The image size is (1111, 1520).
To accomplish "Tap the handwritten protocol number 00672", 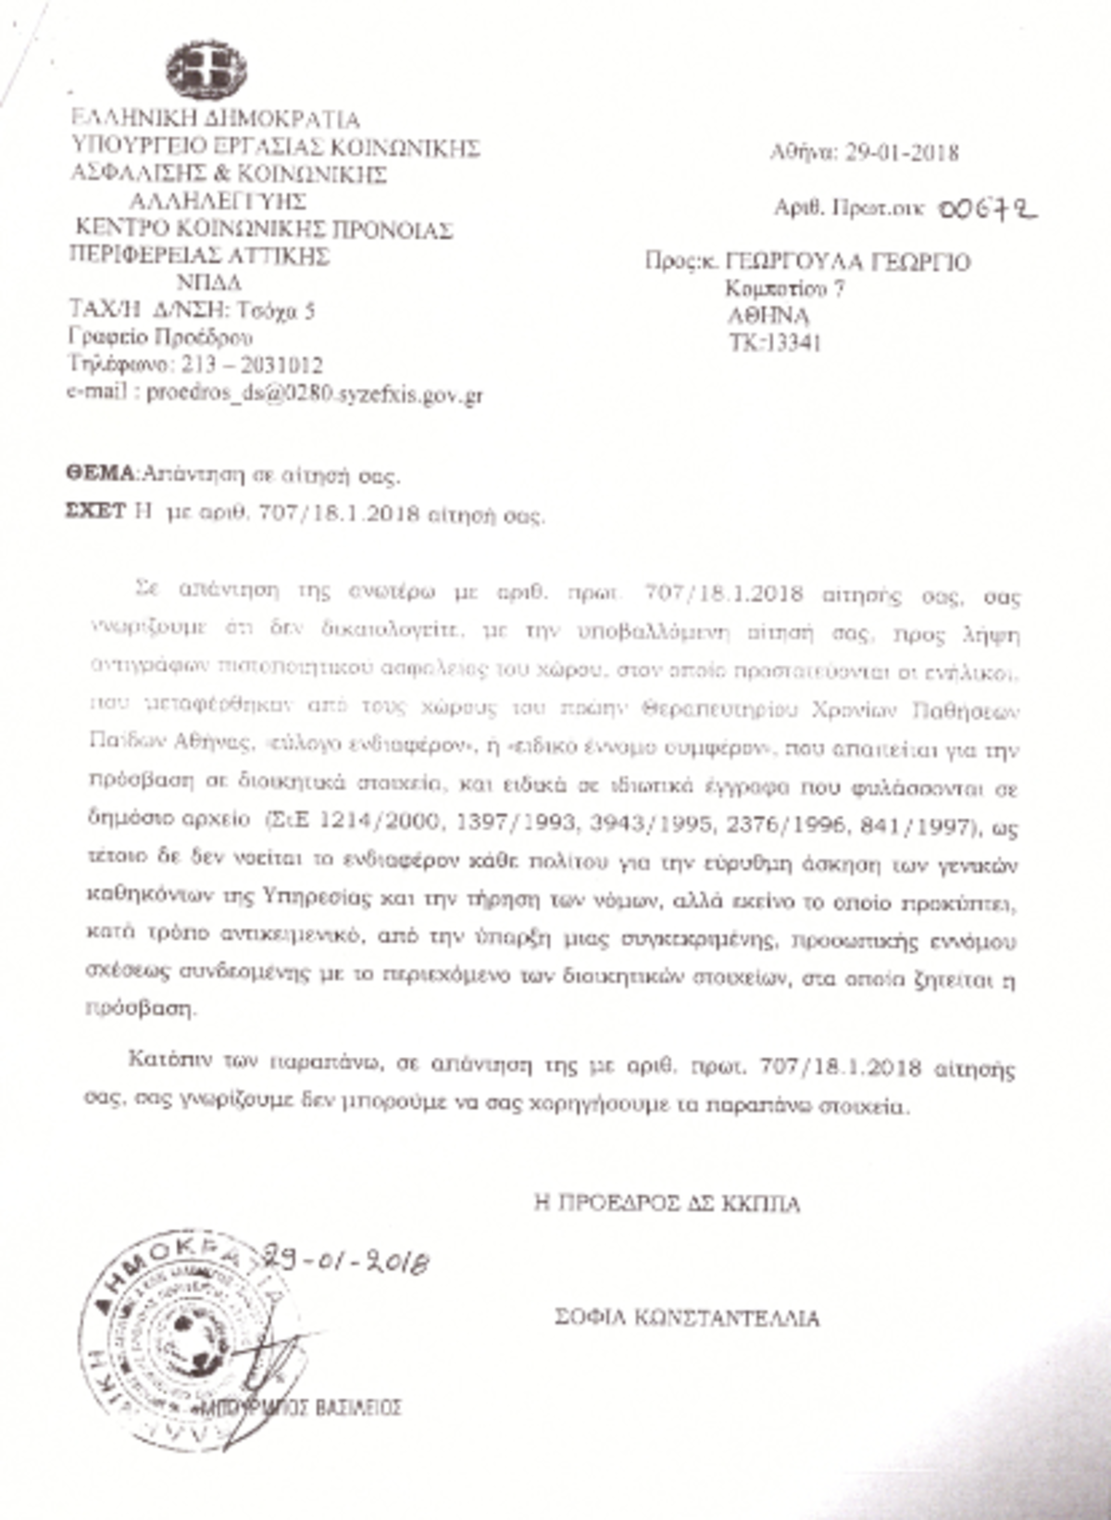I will pos(986,210).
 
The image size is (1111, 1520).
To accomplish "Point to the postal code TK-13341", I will pos(775,344).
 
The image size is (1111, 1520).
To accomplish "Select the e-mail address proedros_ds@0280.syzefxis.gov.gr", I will pos(315,395).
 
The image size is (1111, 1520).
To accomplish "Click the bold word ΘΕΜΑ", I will pos(100,474).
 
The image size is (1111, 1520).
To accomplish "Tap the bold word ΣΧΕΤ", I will pos(94,511).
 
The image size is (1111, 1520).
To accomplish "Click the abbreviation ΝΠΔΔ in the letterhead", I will pos(208,283).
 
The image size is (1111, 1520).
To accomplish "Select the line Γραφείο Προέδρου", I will pos(160,336).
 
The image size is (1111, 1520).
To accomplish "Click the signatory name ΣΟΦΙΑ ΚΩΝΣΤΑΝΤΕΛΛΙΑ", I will pos(687,1317).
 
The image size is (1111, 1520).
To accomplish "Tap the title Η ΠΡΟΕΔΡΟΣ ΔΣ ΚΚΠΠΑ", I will pos(667,1203).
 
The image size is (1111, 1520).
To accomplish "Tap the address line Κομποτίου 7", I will pos(785,289).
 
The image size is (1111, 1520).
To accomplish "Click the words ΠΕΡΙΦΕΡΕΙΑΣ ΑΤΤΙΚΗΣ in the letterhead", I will pos(199,255).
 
